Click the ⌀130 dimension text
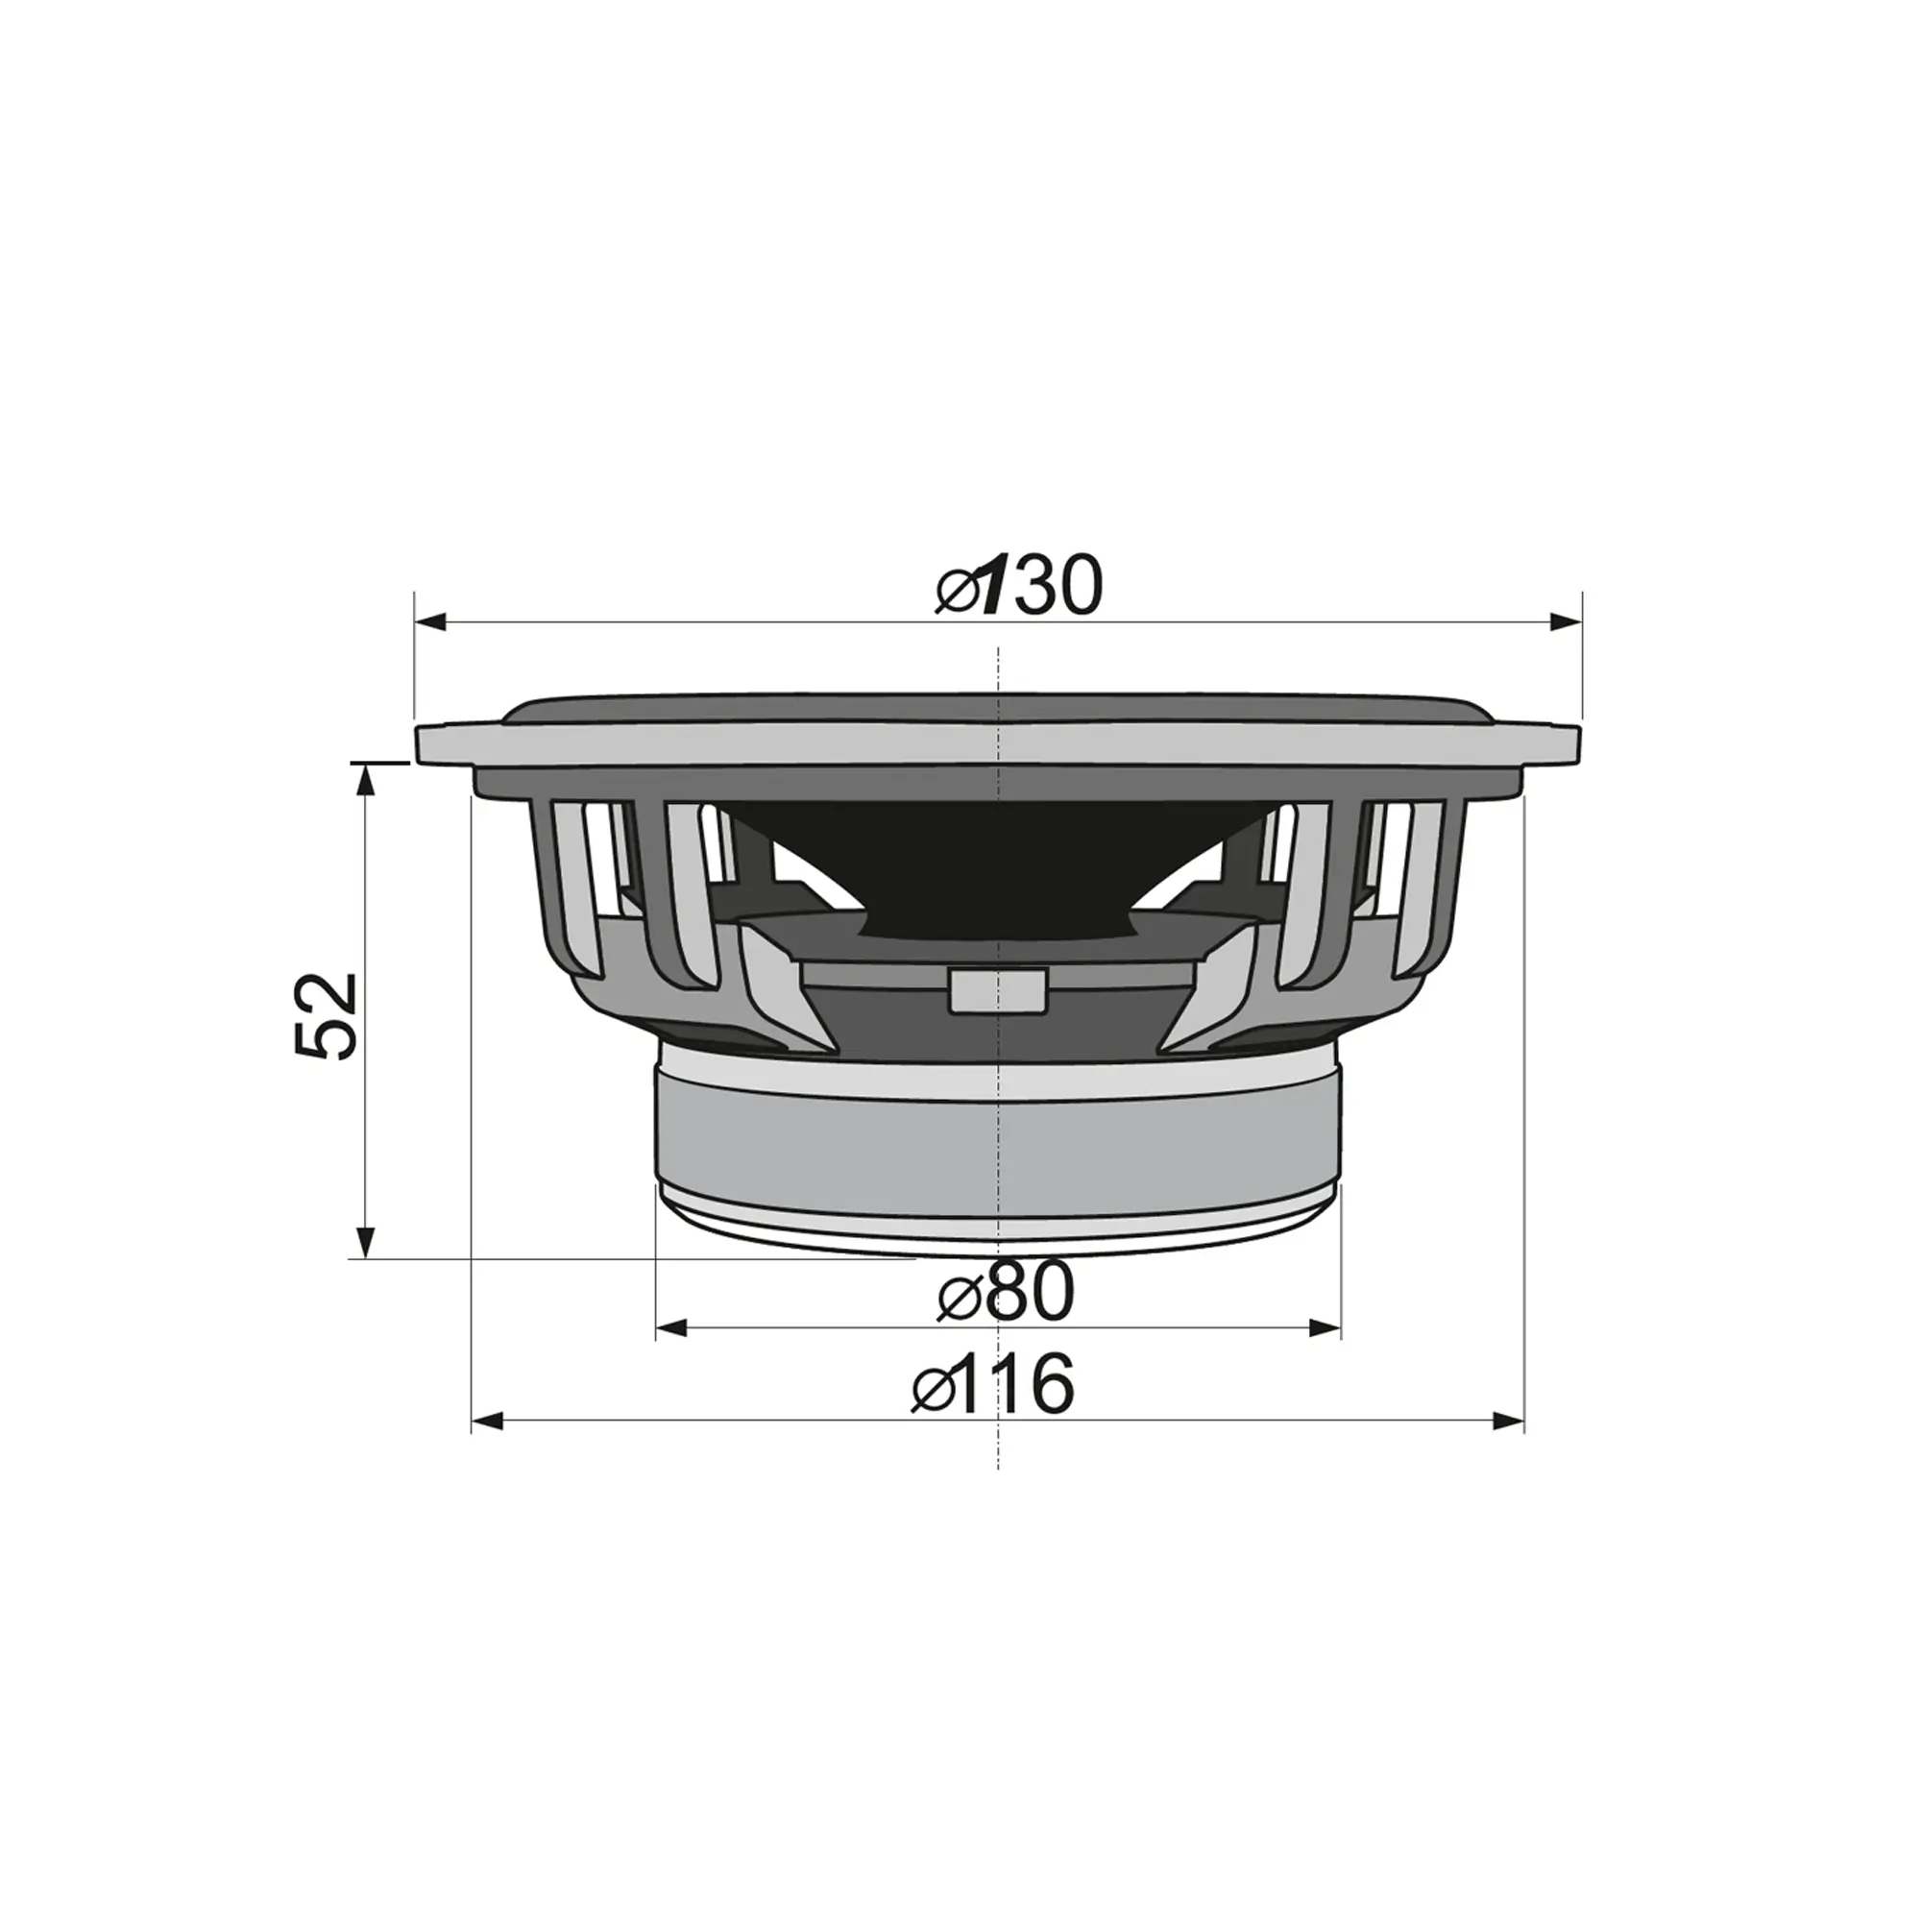pyautogui.click(x=1019, y=587)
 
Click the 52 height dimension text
pyautogui.click(x=326, y=1016)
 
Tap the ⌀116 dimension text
pyautogui.click(x=993, y=1384)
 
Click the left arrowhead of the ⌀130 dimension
pyautogui.click(x=429, y=622)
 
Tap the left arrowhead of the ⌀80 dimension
pyautogui.click(x=673, y=1328)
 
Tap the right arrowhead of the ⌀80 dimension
pyautogui.click(x=1325, y=1328)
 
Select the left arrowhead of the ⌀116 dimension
pyautogui.click(x=487, y=1421)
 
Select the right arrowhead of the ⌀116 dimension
pyautogui.click(x=1508, y=1421)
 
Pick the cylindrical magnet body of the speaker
pyautogui.click(x=998, y=1143)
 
